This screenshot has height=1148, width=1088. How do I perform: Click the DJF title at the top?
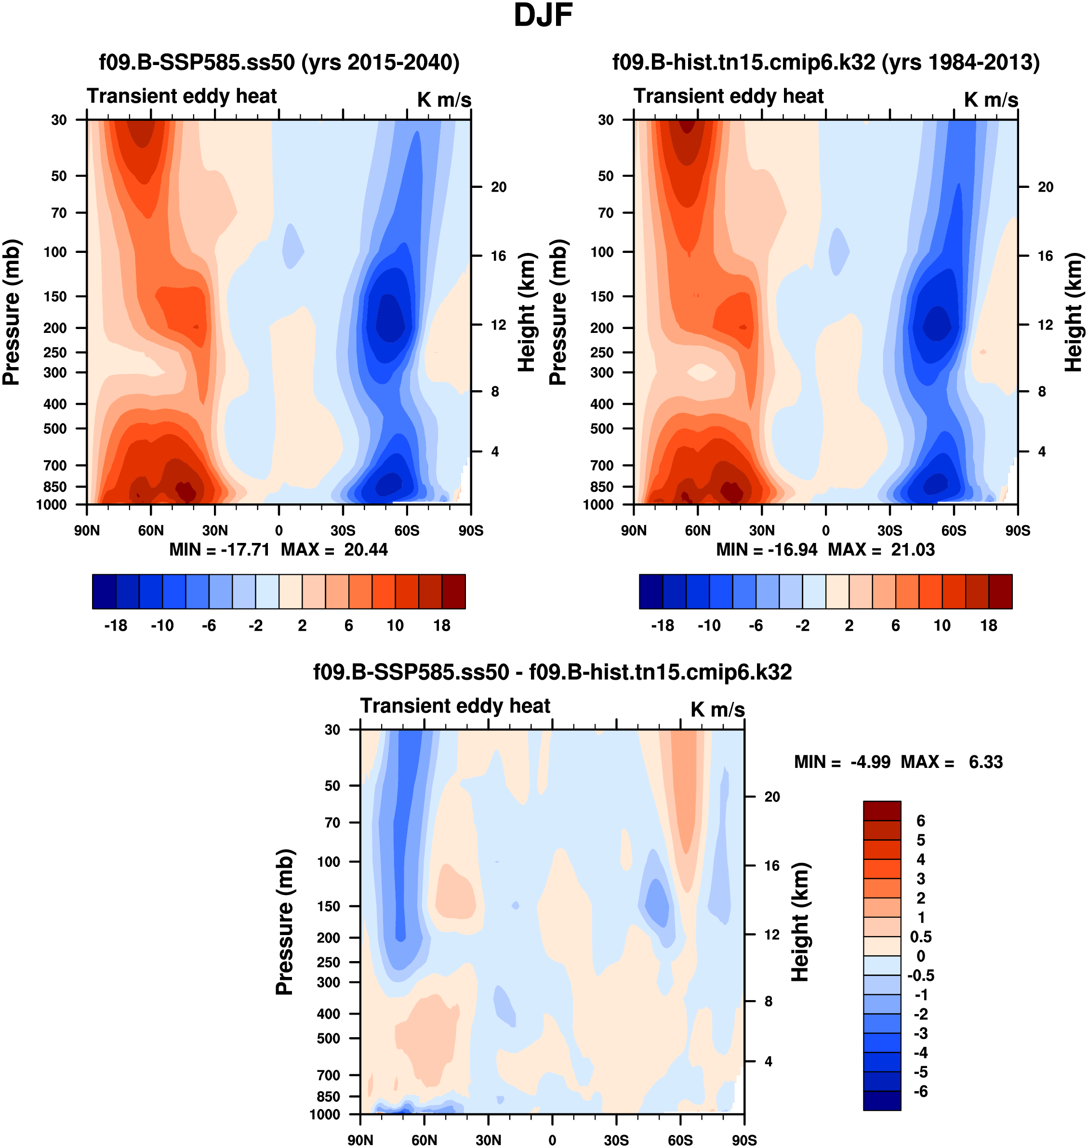click(543, 15)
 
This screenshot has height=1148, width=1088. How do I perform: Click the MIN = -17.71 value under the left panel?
click(219, 549)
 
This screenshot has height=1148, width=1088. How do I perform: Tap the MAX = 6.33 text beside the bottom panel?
click(951, 761)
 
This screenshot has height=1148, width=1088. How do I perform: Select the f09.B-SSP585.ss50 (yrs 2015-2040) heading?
click(279, 62)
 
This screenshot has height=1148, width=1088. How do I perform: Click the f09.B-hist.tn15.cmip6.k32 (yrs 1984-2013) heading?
click(826, 62)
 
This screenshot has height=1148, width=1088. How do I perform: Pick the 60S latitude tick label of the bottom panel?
click(680, 1140)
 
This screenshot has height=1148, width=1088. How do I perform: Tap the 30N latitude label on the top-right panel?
click(761, 530)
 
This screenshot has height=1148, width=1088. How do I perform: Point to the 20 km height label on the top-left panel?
click(498, 187)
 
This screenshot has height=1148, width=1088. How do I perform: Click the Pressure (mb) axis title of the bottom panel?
click(284, 922)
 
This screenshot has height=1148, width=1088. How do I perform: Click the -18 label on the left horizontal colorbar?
click(116, 625)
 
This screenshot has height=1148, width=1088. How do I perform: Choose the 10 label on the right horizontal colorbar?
click(942, 625)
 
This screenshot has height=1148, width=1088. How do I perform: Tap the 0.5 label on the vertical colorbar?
click(920, 937)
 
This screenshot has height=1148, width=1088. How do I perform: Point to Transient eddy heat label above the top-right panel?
click(728, 96)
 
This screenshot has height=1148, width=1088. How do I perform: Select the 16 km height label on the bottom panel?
click(771, 866)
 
